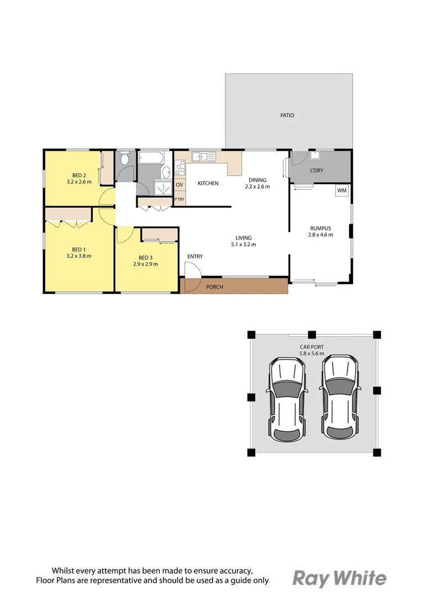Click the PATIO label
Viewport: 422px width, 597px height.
pos(287,116)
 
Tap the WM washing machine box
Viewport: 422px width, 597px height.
pos(341,191)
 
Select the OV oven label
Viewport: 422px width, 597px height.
pos(180,185)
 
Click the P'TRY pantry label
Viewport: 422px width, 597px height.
pos(180,199)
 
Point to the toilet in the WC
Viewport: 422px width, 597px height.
pos(124,160)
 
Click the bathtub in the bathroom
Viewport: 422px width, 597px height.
pos(150,158)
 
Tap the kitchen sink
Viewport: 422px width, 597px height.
pos(207,156)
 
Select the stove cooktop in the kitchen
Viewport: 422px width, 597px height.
pos(180,167)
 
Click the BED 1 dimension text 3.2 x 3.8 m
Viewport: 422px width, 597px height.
pos(78,256)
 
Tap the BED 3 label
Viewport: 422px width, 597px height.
pos(145,258)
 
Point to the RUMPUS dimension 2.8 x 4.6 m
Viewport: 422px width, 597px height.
pos(321,235)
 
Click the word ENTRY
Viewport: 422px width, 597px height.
pos(195,256)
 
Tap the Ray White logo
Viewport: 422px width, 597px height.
pos(339,578)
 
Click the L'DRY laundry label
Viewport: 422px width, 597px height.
pos(317,170)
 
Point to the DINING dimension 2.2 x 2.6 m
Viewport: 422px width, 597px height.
pos(257,187)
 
